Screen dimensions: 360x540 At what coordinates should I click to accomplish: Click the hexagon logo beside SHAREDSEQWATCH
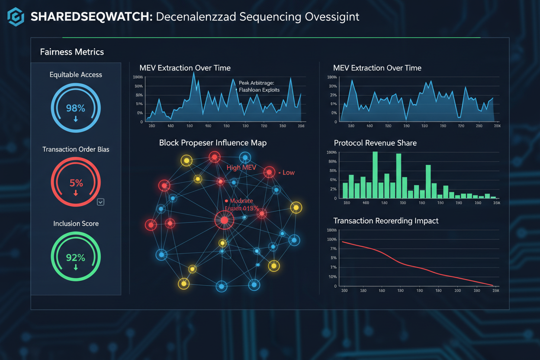tap(16, 17)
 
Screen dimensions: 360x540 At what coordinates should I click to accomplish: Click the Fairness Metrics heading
tap(72, 52)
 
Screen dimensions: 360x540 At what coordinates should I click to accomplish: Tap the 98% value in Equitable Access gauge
tap(75, 108)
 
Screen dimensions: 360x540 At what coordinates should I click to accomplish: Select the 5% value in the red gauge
tap(76, 183)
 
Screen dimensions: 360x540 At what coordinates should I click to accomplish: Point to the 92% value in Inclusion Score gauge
tap(75, 257)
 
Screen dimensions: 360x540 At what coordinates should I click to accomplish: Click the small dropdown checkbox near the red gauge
tap(100, 202)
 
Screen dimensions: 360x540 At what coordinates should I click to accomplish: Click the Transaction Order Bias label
tap(76, 149)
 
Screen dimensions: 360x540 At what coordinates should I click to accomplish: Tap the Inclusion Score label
tap(76, 224)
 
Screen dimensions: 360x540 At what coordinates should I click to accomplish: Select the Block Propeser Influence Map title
tap(212, 143)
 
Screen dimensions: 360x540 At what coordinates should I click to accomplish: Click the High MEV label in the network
tap(239, 168)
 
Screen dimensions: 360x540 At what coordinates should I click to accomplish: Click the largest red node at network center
tap(224, 221)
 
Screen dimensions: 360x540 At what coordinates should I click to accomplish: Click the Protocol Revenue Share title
tap(375, 143)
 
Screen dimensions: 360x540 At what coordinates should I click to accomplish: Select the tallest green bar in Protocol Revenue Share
tap(375, 175)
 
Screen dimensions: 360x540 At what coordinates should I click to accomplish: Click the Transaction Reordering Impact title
tap(386, 221)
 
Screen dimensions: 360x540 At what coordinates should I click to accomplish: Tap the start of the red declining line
tap(343, 241)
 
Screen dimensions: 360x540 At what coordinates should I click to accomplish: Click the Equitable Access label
tap(76, 75)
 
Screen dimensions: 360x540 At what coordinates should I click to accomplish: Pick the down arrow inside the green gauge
tap(76, 267)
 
